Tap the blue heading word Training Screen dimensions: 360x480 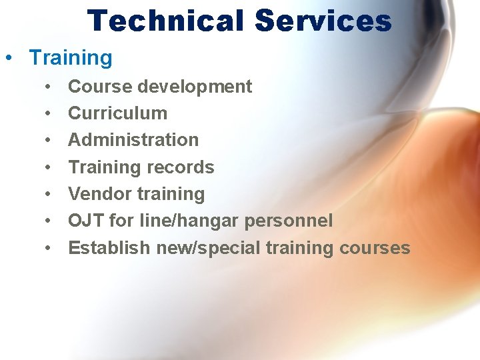pyautogui.click(x=71, y=58)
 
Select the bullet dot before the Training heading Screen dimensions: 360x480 pyautogui.click(x=8, y=58)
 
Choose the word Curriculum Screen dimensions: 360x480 pyautogui.click(x=117, y=113)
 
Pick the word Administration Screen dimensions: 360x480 pyautogui.click(x=133, y=140)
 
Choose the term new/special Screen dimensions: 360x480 pyautogui.click(x=209, y=249)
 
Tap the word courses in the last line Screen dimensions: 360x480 pyautogui.click(x=375, y=248)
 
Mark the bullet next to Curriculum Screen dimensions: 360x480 pyautogui.click(x=49, y=113)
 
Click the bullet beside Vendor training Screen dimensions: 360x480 pyautogui.click(x=49, y=194)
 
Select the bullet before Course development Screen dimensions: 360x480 pyautogui.click(x=49, y=87)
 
